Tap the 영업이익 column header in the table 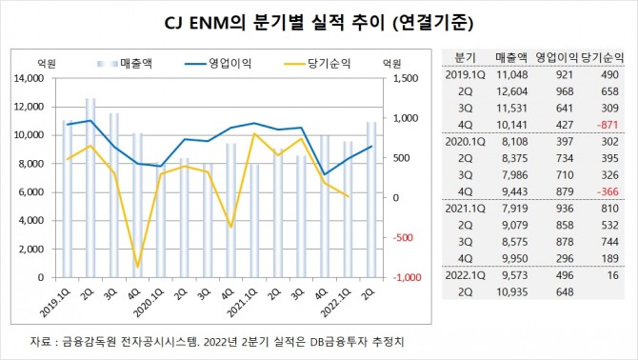[557, 55]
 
